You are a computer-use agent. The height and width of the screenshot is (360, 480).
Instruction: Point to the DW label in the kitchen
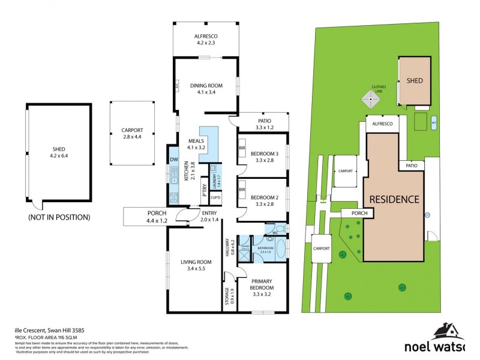click(174, 159)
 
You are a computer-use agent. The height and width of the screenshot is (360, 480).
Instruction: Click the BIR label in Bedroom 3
click(241, 147)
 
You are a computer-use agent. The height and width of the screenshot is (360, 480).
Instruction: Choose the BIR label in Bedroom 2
click(241, 191)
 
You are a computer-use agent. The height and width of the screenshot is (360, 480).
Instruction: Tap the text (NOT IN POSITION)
click(59, 217)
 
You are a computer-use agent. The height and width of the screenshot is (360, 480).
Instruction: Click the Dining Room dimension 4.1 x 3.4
click(206, 92)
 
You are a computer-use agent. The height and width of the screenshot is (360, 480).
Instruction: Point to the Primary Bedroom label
click(262, 284)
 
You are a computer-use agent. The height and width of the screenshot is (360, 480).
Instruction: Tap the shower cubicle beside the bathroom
click(245, 247)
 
